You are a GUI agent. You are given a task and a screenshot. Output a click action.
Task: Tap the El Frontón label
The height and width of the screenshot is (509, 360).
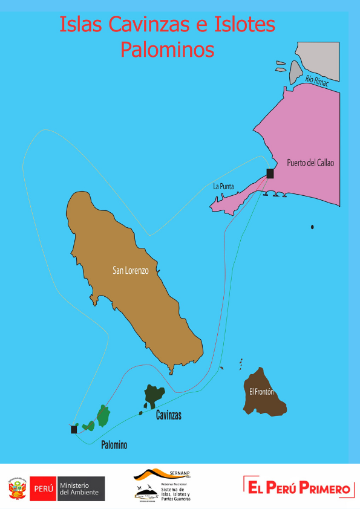(261, 392)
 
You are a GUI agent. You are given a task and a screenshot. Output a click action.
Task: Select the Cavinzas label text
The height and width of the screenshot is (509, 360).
(169, 416)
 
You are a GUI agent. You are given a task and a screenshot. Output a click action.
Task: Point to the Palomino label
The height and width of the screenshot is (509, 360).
(114, 446)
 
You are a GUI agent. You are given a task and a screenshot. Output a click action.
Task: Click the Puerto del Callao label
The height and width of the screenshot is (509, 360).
(310, 163)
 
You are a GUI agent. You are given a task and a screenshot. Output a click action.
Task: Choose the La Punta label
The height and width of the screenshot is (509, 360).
(223, 187)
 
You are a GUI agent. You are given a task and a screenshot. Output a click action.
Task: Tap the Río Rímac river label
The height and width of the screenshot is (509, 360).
(316, 81)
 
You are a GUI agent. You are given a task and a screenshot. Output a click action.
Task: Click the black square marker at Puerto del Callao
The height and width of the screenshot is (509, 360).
(270, 173)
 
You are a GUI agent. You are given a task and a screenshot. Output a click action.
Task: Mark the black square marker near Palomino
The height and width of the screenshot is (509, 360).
(74, 429)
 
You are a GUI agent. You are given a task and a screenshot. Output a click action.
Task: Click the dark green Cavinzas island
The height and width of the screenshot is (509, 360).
(153, 395)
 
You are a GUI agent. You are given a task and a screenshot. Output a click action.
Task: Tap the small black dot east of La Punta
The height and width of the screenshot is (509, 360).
(312, 227)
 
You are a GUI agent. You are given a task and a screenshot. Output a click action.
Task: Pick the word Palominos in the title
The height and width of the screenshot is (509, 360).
(167, 49)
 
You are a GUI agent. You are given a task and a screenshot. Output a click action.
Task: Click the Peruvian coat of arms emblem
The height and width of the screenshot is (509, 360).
(18, 488)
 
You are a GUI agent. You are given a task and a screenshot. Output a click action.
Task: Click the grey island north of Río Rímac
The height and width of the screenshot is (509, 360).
(295, 72)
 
